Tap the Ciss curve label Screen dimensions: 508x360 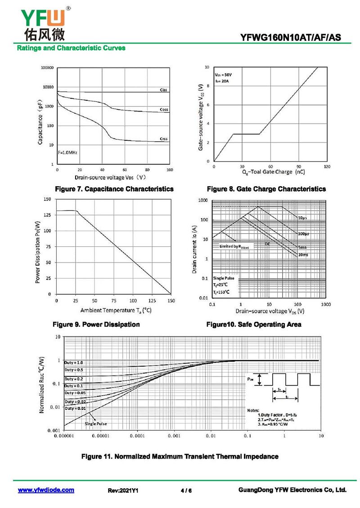(164, 90)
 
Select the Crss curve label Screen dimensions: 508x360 (164, 139)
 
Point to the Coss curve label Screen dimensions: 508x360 (164, 110)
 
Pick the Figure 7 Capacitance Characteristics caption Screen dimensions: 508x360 (114, 189)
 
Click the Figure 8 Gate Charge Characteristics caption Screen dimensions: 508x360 (266, 189)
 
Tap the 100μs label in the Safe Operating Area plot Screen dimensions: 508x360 (304, 234)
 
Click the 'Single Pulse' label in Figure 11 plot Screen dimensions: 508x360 (96, 423)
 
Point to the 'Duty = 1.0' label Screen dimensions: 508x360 (73, 362)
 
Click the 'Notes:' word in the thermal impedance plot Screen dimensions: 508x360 (253, 410)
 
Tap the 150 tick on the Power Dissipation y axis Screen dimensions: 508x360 (47, 199)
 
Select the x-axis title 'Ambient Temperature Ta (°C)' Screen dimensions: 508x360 (116, 310)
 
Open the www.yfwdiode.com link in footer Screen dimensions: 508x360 (46, 490)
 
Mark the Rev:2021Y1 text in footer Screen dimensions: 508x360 (123, 490)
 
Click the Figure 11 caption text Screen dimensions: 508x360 (180, 456)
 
